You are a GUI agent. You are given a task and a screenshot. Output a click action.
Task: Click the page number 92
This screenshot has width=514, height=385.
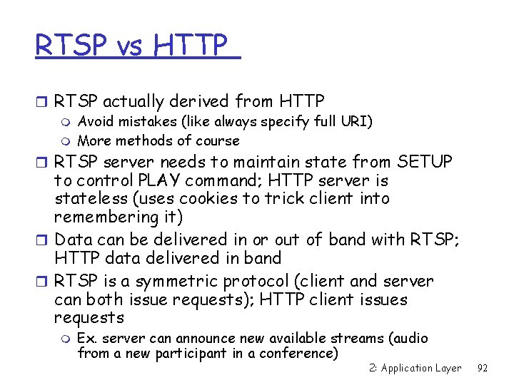482,369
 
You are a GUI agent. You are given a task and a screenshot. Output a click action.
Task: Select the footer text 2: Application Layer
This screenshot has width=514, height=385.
415,369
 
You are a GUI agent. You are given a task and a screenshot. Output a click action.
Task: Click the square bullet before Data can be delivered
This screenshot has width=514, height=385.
41,240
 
